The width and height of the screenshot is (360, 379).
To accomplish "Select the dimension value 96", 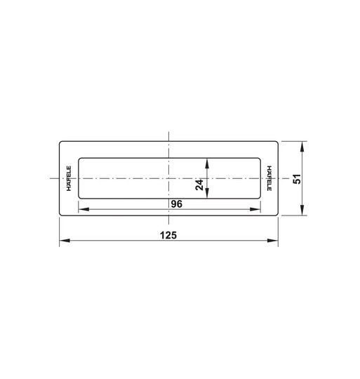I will [176, 204].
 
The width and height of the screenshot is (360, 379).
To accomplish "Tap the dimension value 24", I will [199, 185].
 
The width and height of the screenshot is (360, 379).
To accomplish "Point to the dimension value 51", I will [297, 179].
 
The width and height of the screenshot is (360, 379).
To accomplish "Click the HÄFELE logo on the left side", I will [69, 180].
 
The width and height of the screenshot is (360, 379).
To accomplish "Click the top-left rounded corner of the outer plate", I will [61, 143].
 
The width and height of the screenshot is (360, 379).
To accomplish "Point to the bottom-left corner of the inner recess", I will [79, 199].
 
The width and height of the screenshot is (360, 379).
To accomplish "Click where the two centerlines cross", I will [168, 179].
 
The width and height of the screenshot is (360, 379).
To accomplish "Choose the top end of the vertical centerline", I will [168, 132].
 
